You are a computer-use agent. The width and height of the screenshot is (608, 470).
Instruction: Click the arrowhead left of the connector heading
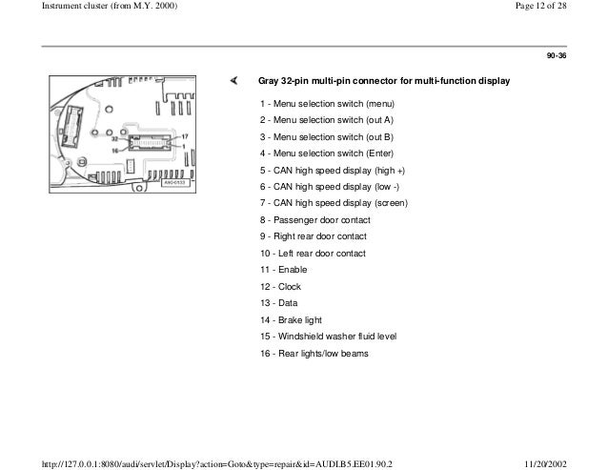click(232, 81)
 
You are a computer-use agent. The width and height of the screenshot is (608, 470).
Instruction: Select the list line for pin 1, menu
click(326, 103)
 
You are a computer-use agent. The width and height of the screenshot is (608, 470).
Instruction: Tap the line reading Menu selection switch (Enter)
click(326, 153)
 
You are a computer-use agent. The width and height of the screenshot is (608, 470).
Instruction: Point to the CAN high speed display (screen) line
click(334, 203)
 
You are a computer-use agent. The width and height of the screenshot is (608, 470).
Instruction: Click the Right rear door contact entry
click(313, 236)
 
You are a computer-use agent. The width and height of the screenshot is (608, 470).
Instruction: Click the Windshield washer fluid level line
click(328, 337)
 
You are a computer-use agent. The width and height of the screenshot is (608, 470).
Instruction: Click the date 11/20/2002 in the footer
click(577, 462)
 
